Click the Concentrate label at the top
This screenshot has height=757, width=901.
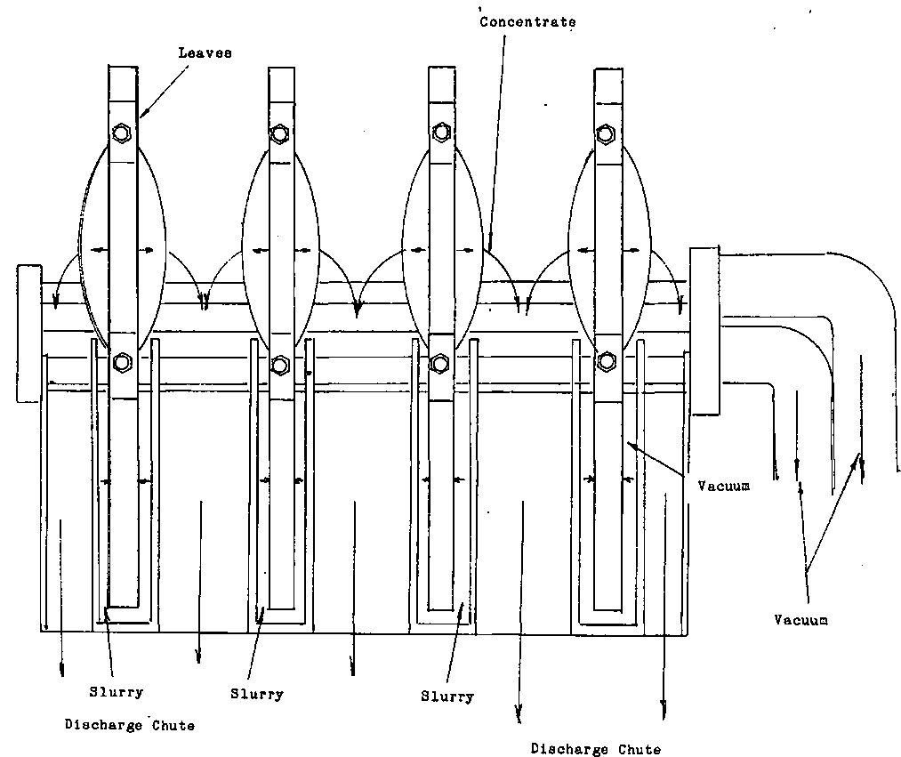click(x=527, y=21)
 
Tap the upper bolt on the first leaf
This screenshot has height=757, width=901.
click(x=122, y=133)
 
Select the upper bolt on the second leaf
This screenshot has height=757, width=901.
click(x=280, y=134)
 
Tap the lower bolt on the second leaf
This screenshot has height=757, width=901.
click(x=280, y=364)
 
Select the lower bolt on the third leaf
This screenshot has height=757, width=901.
click(x=438, y=364)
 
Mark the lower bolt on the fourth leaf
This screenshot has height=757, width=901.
click(x=606, y=360)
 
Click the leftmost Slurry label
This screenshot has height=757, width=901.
click(x=116, y=691)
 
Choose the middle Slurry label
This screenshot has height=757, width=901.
click(x=256, y=694)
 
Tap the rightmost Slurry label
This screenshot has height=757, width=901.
click(x=447, y=697)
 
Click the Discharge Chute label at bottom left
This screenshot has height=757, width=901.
click(x=130, y=725)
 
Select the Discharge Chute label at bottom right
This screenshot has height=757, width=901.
click(x=596, y=749)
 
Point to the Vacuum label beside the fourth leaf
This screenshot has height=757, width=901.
click(x=724, y=486)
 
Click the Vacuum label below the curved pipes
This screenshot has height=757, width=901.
click(x=800, y=620)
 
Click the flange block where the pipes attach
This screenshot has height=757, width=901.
click(x=704, y=331)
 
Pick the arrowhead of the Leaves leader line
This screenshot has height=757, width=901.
click(x=141, y=117)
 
